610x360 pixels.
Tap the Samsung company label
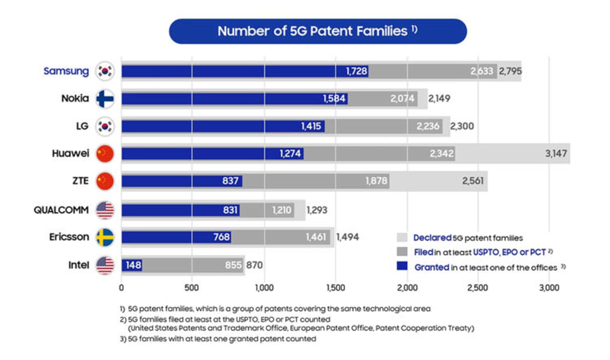coord(66,71)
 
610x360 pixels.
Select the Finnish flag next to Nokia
coord(105,99)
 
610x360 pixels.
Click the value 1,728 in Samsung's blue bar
coord(356,71)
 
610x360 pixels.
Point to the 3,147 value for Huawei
coord(556,154)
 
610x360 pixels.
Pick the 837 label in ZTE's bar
coord(230,181)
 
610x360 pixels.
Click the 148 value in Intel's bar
coord(133,265)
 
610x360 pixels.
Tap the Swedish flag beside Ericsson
coord(105,237)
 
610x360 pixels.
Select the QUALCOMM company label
coord(61,210)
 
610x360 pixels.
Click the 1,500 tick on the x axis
coord(335,288)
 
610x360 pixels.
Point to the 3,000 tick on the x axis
coord(549,288)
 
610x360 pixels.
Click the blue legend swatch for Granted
coord(402,266)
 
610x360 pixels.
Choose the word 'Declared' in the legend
coord(432,238)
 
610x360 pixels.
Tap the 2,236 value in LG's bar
coord(428,126)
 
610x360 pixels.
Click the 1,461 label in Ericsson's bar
coord(315,237)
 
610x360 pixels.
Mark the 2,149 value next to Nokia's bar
coord(439,99)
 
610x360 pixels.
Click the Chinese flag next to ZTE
coord(105,181)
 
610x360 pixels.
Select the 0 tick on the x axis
coord(121,288)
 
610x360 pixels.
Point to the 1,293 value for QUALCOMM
coord(317,210)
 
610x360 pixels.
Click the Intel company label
coord(78,265)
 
